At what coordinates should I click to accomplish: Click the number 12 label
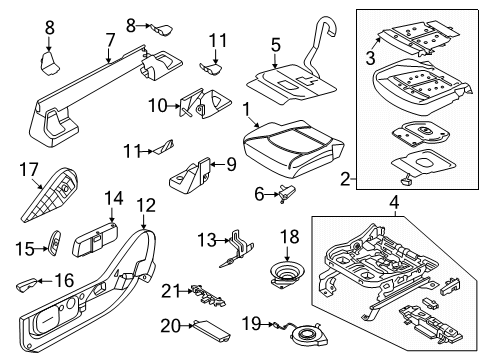tap(147, 205)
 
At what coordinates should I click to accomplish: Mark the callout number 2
tap(346, 180)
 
